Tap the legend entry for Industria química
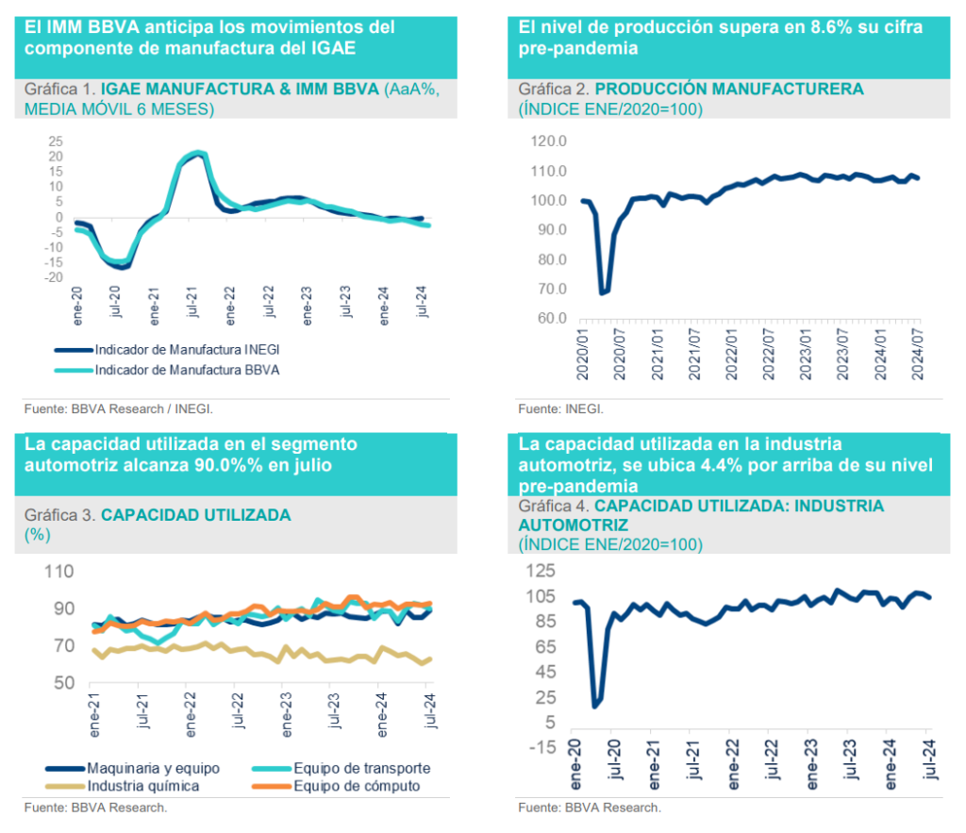pos(143,785)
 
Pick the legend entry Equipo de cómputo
pos(357,785)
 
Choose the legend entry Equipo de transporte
pos(362,767)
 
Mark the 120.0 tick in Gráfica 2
pos(549,142)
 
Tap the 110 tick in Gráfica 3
pos(58,571)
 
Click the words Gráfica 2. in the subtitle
pos(554,90)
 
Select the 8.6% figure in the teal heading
pos(829,27)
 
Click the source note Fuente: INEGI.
pos(560,408)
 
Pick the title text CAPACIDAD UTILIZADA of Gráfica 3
pos(195,515)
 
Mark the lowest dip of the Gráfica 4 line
pos(594,705)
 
